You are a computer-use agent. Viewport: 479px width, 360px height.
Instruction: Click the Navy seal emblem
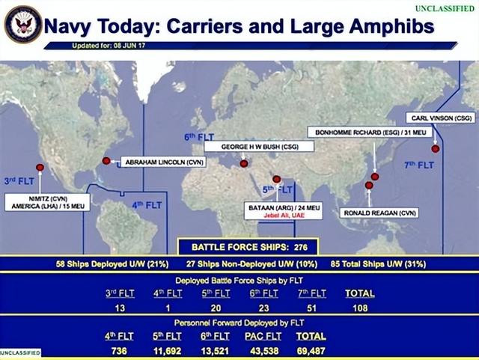(x=23, y=24)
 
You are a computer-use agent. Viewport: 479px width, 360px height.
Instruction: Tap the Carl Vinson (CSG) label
(x=441, y=118)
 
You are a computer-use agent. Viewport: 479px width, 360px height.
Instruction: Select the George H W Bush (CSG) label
(x=259, y=147)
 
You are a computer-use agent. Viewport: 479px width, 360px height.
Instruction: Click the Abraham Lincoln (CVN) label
(x=164, y=162)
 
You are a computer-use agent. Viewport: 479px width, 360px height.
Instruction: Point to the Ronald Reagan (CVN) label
(x=379, y=213)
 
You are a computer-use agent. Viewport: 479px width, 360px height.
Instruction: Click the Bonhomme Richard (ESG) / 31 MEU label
(x=370, y=132)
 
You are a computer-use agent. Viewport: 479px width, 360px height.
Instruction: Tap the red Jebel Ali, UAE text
(x=284, y=216)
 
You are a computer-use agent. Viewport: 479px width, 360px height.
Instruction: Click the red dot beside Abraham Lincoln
(x=106, y=161)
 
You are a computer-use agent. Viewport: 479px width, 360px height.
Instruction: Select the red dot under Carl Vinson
(x=436, y=149)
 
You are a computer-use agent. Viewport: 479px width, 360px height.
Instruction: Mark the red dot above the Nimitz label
(x=40, y=168)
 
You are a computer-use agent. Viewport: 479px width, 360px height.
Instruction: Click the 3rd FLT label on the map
(x=19, y=181)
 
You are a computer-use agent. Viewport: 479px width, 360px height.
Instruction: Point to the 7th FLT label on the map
(x=419, y=165)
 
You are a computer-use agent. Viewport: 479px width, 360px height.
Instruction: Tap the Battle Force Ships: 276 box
(x=248, y=247)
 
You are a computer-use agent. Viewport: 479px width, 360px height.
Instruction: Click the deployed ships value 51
(x=311, y=308)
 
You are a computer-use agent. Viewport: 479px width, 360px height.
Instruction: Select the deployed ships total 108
(x=360, y=308)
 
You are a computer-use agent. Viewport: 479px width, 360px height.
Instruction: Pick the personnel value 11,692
(x=167, y=351)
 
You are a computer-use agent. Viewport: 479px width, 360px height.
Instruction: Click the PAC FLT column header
(x=263, y=336)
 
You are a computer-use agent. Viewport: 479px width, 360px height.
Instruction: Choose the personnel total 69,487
(x=311, y=351)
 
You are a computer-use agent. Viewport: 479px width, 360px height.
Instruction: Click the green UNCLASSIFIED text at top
(x=445, y=8)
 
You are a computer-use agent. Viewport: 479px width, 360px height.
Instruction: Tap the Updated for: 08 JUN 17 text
(x=109, y=46)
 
